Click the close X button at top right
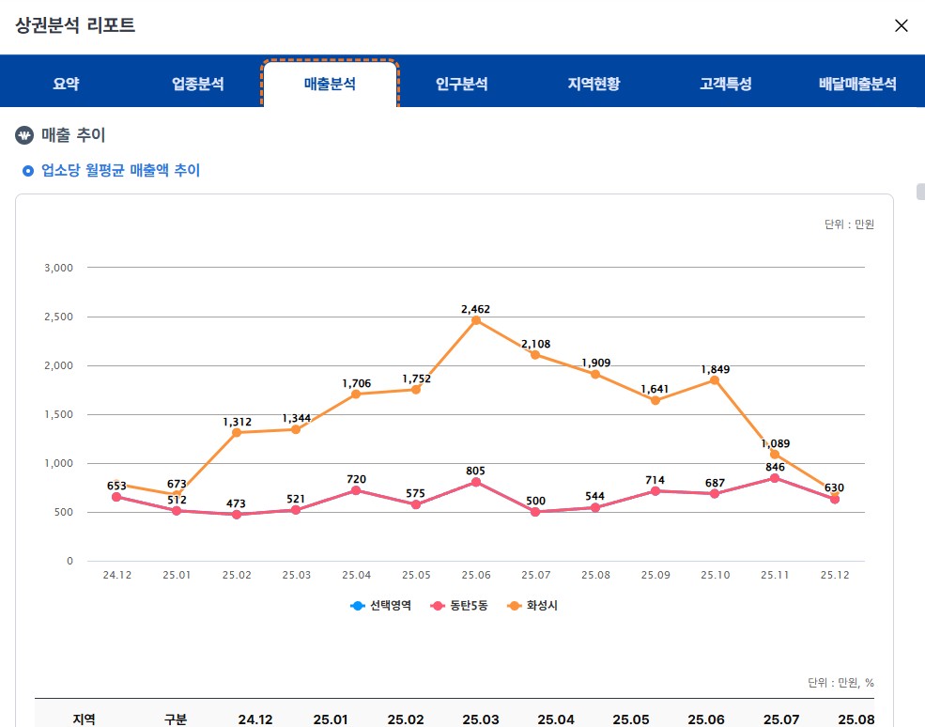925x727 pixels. [901, 25]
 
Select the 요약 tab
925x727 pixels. [66, 85]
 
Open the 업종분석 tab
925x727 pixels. [197, 85]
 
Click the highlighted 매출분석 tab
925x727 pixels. [330, 85]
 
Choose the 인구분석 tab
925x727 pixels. [461, 85]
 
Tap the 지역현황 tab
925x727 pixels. [594, 85]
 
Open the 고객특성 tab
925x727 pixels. [725, 85]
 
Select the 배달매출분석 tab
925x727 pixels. [857, 85]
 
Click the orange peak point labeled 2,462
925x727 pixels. [476, 320]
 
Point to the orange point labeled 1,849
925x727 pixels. [715, 380]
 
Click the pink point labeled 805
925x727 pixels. [476, 482]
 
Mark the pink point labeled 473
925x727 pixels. [237, 515]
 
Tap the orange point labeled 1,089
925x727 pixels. [775, 455]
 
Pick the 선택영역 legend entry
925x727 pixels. [382, 606]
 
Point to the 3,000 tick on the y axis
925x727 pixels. [58, 268]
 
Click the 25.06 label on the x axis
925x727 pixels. [476, 575]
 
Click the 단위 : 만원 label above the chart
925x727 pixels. [849, 224]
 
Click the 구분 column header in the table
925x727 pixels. [176, 719]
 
